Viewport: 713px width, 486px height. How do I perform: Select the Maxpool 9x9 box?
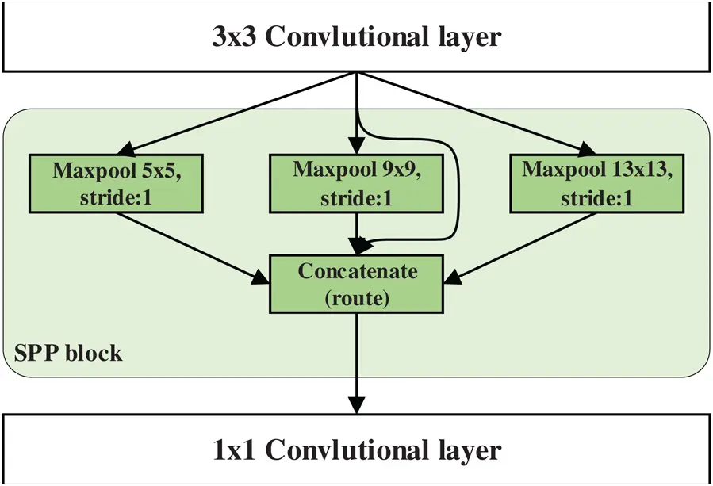pyautogui.click(x=357, y=183)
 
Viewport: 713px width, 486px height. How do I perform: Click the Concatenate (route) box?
pyautogui.click(x=357, y=283)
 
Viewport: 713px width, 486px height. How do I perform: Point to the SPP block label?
pyautogui.click(x=69, y=352)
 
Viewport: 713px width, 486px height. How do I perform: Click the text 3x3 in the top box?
pyautogui.click(x=234, y=37)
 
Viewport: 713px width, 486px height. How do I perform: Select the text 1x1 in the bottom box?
pyautogui.click(x=234, y=450)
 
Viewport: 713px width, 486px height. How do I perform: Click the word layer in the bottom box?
pyautogui.click(x=469, y=450)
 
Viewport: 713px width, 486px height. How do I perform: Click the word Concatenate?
pyautogui.click(x=357, y=271)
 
